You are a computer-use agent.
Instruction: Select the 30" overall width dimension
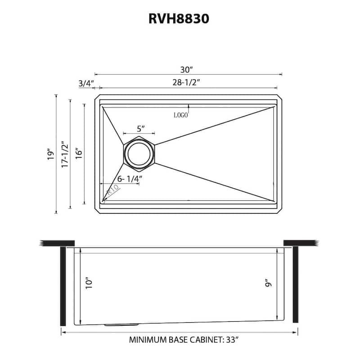186,70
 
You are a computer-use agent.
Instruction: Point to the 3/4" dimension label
85,83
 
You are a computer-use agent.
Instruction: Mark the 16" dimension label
79,154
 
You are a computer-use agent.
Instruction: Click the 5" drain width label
140,129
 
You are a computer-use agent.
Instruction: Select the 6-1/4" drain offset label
130,178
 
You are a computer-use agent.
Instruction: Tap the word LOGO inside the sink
180,115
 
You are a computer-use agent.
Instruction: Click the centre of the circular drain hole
139,154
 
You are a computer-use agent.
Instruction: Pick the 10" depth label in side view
89,283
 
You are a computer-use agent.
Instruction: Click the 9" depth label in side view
268,283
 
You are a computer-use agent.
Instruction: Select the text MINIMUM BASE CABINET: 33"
184,340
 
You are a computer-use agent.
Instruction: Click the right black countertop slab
301,243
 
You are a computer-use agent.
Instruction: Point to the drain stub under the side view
121,324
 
